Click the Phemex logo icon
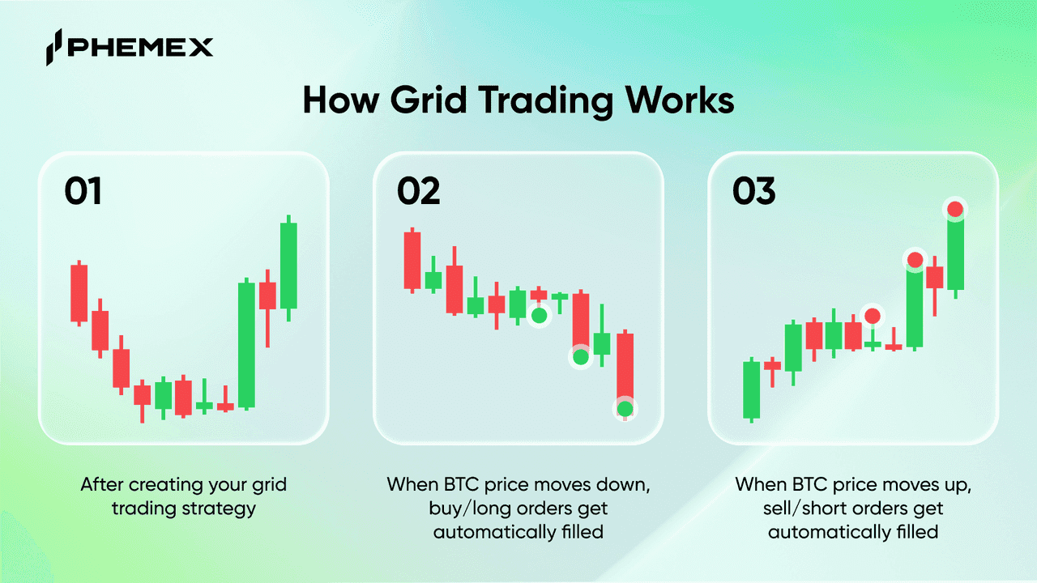[53, 47]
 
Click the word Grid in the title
[429, 100]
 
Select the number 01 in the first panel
[83, 190]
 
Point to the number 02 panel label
[419, 190]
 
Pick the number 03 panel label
[753, 190]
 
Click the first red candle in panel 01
[79, 293]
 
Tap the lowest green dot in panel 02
[625, 409]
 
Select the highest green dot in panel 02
[539, 316]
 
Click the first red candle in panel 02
[412, 261]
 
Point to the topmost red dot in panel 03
[955, 209]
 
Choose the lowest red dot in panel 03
[873, 316]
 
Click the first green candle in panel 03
[751, 389]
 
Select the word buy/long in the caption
[471, 509]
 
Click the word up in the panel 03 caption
[959, 485]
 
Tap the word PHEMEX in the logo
[140, 47]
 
